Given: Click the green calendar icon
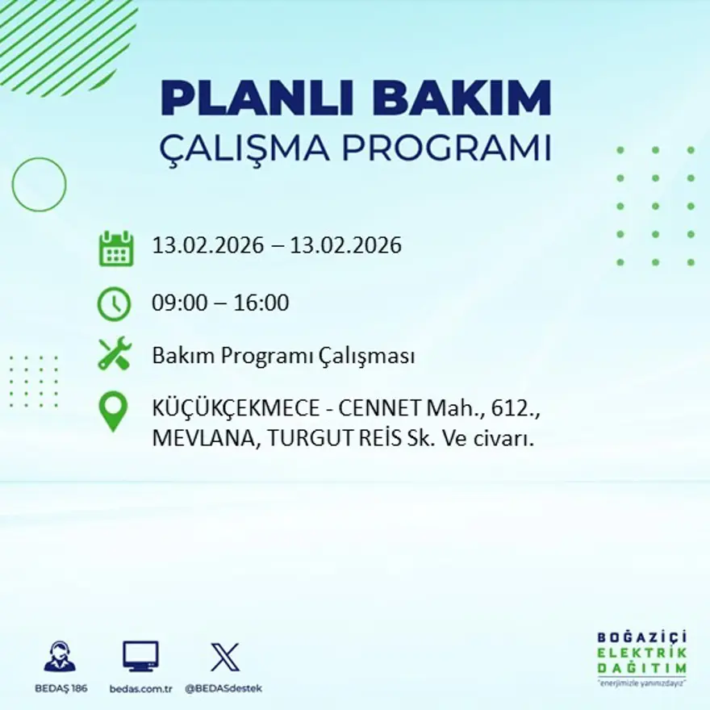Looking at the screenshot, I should click(115, 248).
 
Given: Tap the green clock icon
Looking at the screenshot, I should click(114, 304).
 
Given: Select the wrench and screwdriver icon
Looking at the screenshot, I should click(114, 355).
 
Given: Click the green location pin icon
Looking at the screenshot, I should click(114, 410).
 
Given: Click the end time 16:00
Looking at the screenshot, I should click(261, 304).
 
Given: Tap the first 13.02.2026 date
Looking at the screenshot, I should click(208, 245).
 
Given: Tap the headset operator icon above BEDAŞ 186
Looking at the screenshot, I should click(60, 657).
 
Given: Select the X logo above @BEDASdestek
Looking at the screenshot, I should click(223, 657).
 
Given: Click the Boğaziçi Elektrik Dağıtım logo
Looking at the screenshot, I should click(641, 657).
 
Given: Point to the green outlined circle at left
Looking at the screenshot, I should click(39, 185).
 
